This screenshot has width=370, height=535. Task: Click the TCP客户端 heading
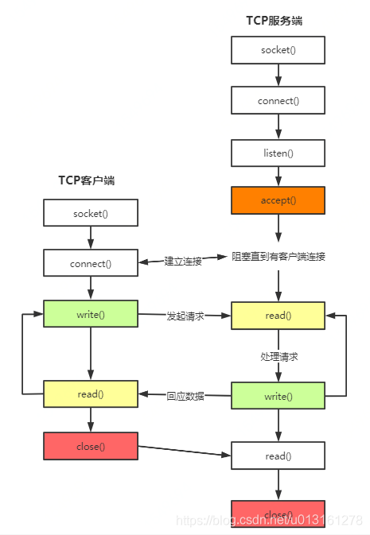86,180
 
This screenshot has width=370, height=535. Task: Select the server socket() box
278,50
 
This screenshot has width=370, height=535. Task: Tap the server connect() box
278,101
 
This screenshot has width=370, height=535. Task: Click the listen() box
278,151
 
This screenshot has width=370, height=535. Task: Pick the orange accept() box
278,200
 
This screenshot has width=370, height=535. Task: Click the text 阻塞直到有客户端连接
278,256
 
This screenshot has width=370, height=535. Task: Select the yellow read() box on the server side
278,316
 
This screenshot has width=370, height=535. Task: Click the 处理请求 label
278,357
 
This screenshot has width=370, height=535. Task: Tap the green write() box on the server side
278,396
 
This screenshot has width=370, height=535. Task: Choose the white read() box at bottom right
278,456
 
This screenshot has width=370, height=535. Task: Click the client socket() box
91,214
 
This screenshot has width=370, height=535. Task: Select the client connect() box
91,263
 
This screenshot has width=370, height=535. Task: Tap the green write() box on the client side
91,314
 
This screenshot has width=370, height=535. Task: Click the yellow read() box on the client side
91,394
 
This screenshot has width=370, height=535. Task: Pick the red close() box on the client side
91,446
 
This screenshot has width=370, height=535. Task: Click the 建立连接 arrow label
183,261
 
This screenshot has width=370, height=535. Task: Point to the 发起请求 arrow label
185,316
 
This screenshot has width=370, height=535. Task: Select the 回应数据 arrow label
185,395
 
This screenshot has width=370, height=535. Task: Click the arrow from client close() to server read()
185,451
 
